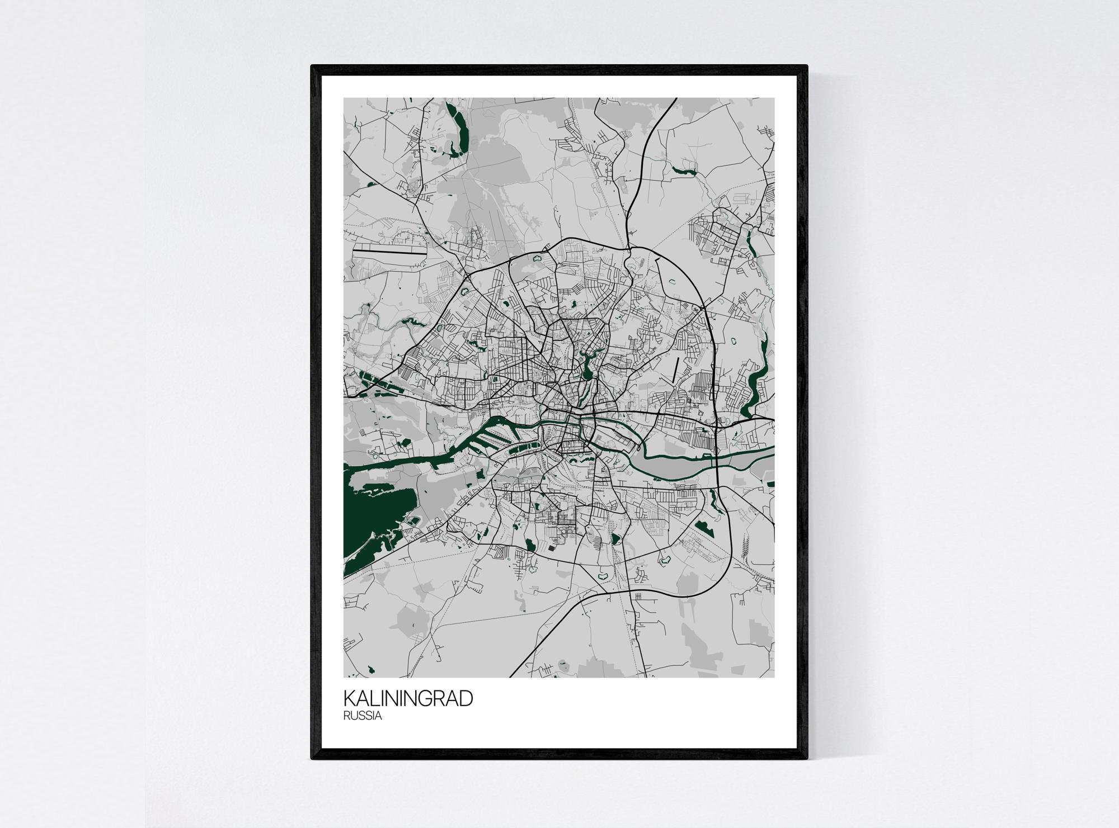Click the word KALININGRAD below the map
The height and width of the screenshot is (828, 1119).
(x=408, y=699)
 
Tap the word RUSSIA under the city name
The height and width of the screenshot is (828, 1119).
(x=363, y=716)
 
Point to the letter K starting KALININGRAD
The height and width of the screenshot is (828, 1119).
(x=349, y=699)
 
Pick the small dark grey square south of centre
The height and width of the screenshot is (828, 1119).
(x=553, y=548)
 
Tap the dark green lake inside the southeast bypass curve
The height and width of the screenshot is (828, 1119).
(x=702, y=527)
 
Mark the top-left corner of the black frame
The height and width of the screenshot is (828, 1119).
(x=312, y=82)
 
